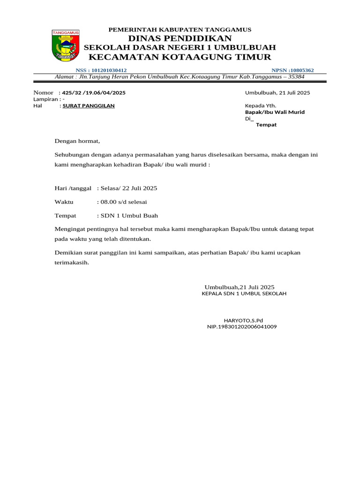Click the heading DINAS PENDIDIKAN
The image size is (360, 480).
(x=180, y=38)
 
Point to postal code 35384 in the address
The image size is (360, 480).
(x=296, y=76)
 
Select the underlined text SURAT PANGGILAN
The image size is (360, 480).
(x=89, y=105)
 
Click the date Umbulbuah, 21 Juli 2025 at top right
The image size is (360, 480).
(x=277, y=92)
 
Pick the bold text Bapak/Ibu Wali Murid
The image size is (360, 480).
(x=275, y=112)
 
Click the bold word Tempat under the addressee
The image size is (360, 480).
(x=266, y=125)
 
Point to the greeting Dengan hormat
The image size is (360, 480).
(x=77, y=141)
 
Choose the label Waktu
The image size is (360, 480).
(x=64, y=202)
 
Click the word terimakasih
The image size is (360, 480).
(x=71, y=262)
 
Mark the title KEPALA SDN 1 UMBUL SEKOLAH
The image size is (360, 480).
(x=244, y=293)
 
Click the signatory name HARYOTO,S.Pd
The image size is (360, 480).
(x=244, y=320)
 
